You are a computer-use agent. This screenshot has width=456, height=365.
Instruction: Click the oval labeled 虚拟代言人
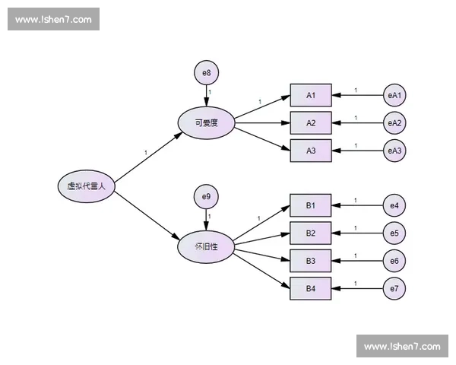coord(86,186)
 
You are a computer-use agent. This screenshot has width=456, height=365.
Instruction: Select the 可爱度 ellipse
coord(206,122)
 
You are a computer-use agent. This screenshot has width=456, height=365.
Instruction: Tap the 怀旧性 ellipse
coord(205,247)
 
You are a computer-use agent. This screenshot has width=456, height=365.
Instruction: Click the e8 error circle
coord(206,73)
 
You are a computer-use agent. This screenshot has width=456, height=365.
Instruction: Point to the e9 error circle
coord(206,198)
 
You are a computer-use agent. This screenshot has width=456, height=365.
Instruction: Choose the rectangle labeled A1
coord(311,95)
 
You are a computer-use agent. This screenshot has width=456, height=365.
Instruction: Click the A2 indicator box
coord(311,122)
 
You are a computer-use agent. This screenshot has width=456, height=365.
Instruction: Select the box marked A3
coord(311,151)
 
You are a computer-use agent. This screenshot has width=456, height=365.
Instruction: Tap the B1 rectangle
coord(311,205)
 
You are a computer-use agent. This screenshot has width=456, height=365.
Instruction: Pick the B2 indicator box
coord(311,233)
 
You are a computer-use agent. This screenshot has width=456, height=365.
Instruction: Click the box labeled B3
coord(311,261)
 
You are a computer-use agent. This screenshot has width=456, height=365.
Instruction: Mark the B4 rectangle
coord(311,288)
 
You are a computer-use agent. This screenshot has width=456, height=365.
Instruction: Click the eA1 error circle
coord(394,95)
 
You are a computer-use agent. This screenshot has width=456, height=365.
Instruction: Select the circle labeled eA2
coord(394,122)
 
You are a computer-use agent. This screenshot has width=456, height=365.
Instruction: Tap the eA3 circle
coord(394,151)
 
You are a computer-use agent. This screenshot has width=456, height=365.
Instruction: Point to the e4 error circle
coord(394,205)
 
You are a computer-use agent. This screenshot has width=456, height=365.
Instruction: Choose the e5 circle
coord(394,233)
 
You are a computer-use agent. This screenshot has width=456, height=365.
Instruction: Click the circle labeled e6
coord(394,261)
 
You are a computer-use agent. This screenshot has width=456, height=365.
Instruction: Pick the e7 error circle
coord(394,288)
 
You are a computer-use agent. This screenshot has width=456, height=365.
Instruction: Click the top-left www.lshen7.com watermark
coord(54,19)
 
